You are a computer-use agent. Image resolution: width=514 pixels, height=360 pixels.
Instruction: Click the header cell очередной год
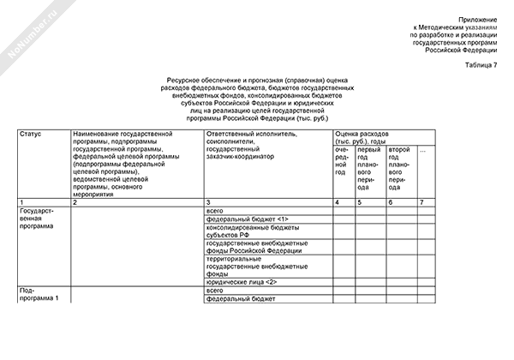click(x=344, y=160)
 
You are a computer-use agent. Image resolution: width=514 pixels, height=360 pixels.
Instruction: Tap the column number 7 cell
click(x=420, y=201)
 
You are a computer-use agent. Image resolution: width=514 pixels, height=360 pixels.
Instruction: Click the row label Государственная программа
click(x=38, y=218)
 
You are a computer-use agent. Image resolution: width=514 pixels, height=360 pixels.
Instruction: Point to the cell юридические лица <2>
click(x=242, y=282)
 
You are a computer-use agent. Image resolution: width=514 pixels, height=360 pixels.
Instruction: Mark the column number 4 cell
click(x=337, y=201)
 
